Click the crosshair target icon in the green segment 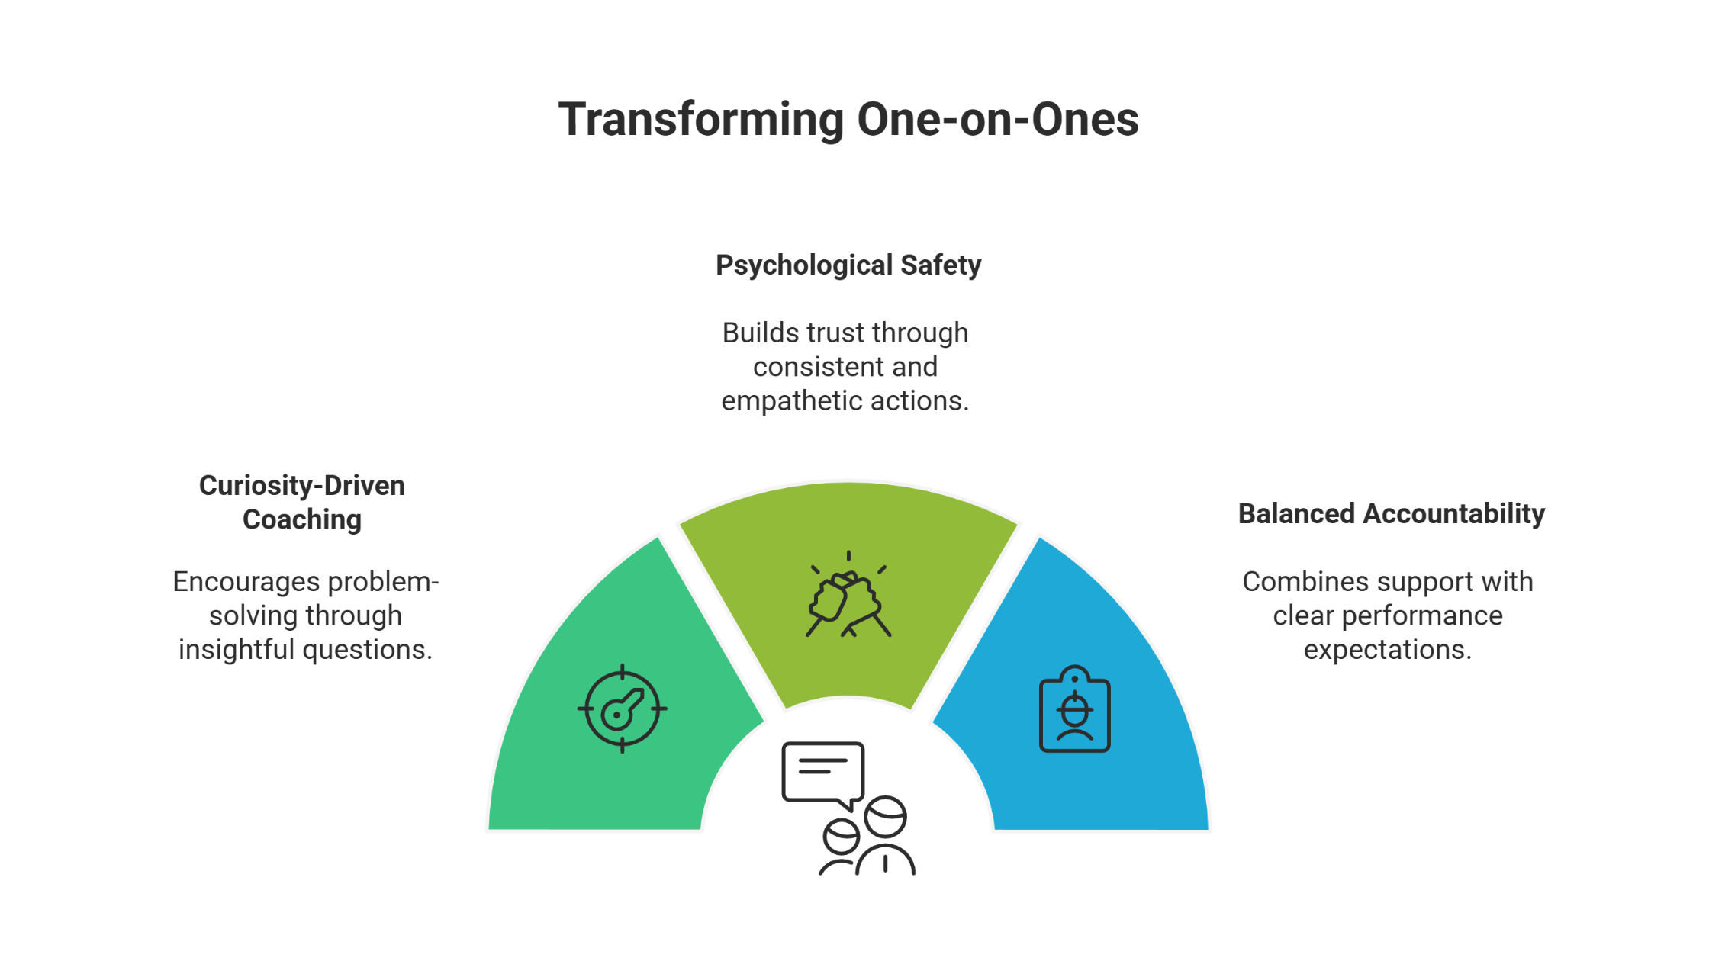(623, 709)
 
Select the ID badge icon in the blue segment (1075, 709)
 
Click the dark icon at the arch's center (848, 808)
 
